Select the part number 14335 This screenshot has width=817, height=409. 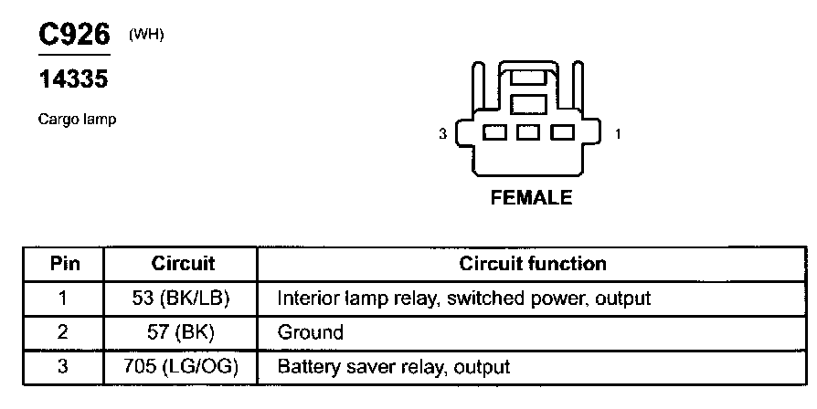[x=73, y=80]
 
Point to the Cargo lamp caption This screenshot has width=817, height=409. [x=77, y=120]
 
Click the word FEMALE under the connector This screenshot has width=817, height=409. [x=531, y=198]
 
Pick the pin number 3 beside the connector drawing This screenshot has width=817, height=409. [x=443, y=134]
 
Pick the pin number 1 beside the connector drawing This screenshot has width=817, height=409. [x=618, y=134]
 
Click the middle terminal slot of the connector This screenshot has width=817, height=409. [x=528, y=133]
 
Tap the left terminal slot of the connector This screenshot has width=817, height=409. [x=494, y=133]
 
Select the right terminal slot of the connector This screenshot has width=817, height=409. [x=562, y=133]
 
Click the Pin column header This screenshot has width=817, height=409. [x=64, y=265]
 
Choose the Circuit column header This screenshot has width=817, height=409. [x=183, y=265]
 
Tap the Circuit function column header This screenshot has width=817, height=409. [x=532, y=265]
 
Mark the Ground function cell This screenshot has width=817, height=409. [x=310, y=333]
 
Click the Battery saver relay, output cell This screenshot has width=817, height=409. [x=393, y=368]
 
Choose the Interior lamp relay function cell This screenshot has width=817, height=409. [x=463, y=299]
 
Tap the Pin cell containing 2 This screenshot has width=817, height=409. [x=63, y=333]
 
